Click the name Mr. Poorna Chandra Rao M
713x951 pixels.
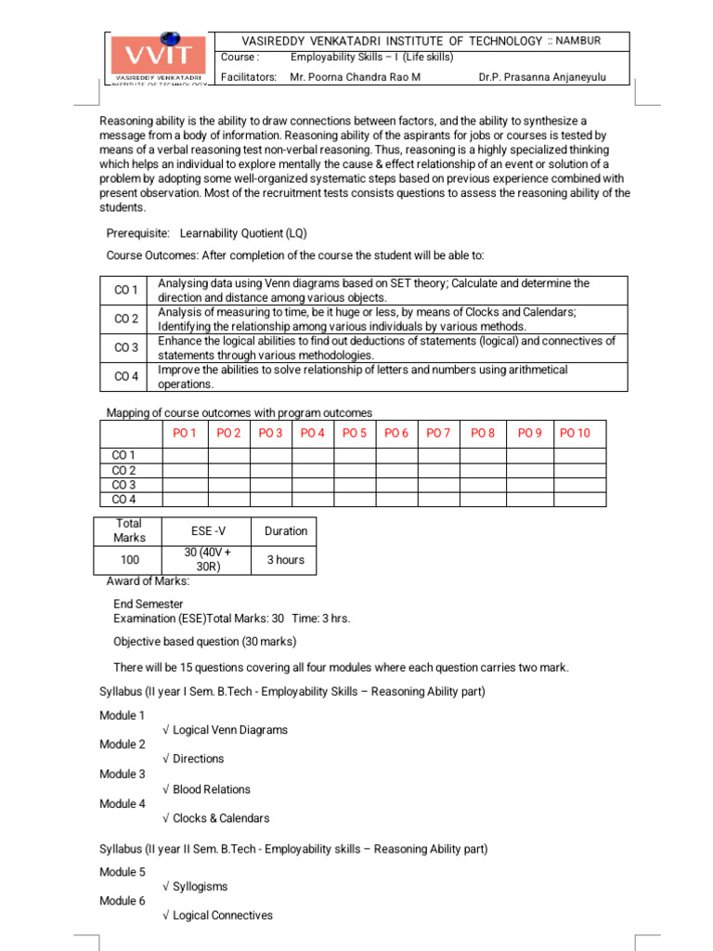point(355,77)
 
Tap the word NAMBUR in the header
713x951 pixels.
point(577,41)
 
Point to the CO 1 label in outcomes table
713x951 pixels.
point(125,291)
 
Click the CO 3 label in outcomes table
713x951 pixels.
point(125,348)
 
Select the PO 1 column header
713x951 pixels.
point(185,433)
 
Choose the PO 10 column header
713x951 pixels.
point(576,433)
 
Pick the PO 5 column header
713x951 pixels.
point(355,433)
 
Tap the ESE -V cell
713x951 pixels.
point(207,531)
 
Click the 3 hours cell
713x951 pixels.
point(285,560)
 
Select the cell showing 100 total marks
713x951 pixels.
point(129,560)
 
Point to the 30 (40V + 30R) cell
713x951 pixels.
point(207,560)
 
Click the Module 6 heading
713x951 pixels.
point(123,901)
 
